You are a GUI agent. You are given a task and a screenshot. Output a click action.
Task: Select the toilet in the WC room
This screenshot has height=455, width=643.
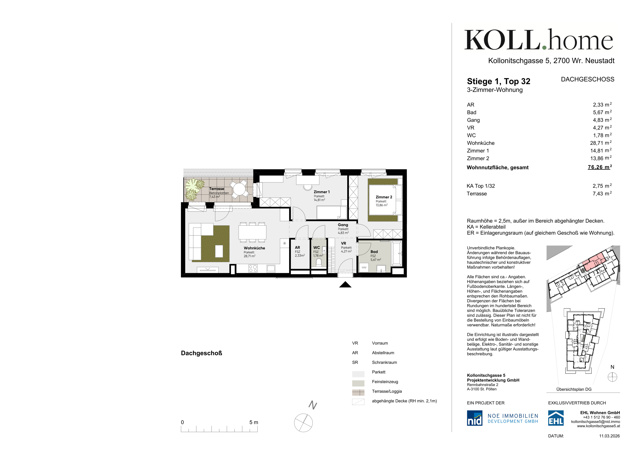(x=319, y=262)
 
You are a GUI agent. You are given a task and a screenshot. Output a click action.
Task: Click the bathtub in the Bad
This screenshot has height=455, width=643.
(x=397, y=253)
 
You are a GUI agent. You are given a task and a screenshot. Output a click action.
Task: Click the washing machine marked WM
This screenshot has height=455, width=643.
(x=364, y=267)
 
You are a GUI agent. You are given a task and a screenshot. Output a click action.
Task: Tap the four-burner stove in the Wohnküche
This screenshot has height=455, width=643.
(x=253, y=269)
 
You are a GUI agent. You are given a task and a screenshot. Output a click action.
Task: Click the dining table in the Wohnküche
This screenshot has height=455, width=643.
(x=252, y=232)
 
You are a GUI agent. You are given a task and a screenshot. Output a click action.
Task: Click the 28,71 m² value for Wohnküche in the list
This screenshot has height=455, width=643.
(x=601, y=143)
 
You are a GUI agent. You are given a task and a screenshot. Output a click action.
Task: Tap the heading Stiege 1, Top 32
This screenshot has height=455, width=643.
(x=498, y=81)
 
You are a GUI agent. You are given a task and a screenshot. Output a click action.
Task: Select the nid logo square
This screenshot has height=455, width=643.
(x=474, y=418)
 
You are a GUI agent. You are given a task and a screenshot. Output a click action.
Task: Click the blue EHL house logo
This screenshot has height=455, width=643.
(x=556, y=418)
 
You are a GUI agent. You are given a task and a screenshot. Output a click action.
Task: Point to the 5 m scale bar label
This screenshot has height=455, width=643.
(x=254, y=422)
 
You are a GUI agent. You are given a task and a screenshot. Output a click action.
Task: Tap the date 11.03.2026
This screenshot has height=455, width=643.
(x=609, y=436)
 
